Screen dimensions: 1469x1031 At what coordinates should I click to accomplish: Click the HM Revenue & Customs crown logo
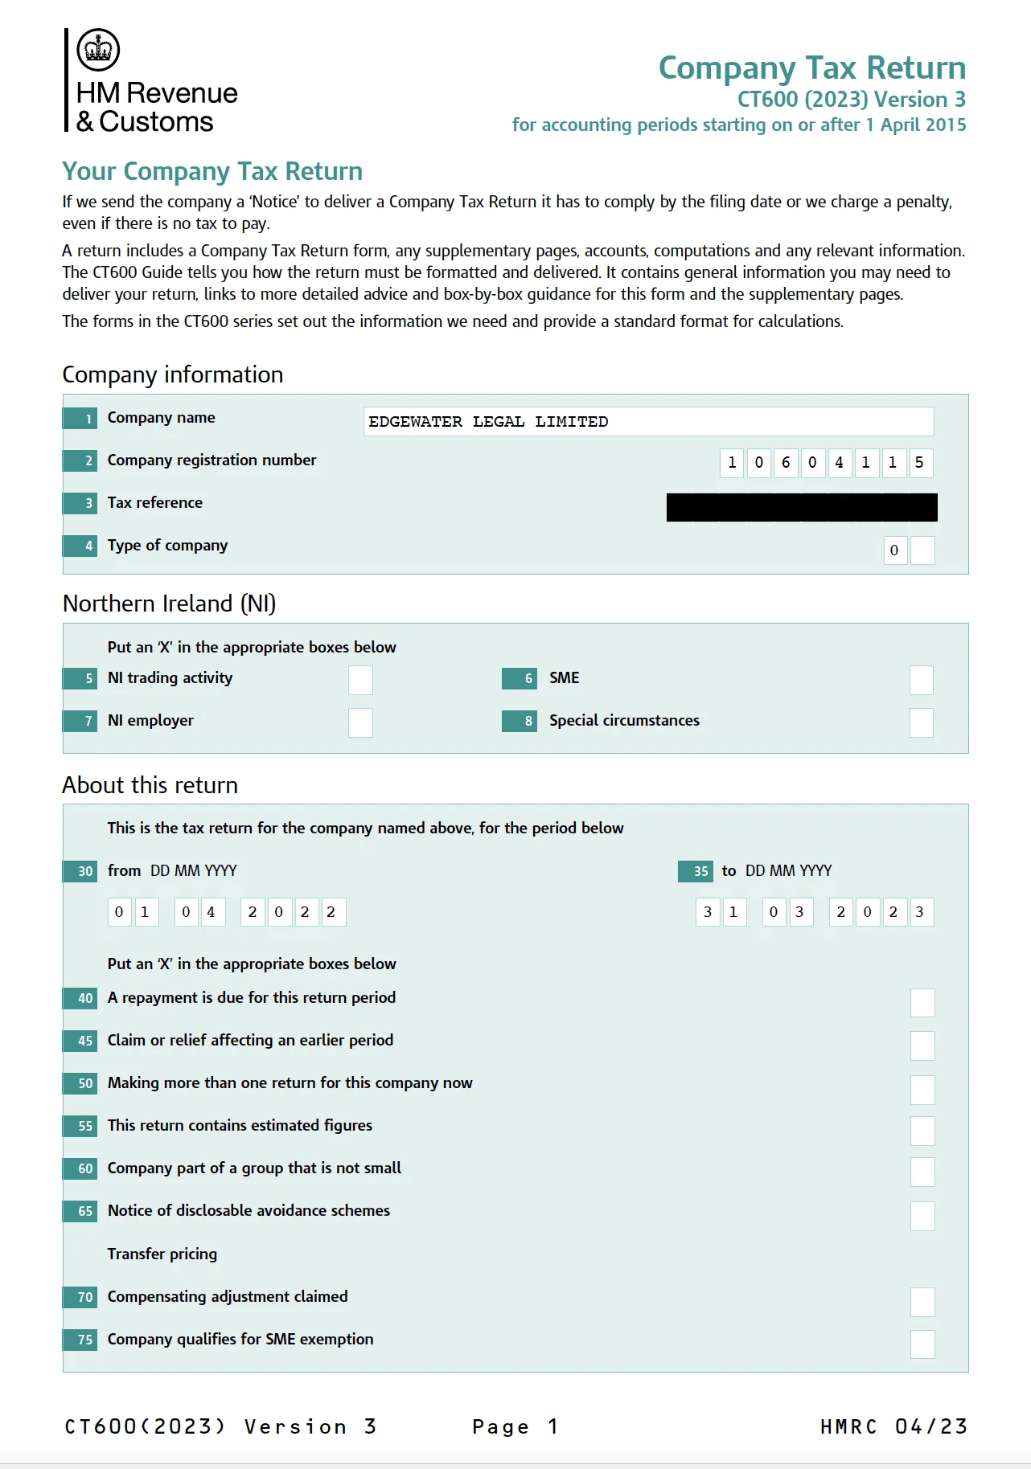click(98, 49)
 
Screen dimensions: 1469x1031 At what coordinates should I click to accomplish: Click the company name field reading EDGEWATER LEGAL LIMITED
click(647, 422)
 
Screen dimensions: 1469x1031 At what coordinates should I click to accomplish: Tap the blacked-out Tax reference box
click(801, 507)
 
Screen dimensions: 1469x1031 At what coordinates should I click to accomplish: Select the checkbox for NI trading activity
click(360, 680)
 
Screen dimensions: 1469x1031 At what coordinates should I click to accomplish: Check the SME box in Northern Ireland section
click(921, 680)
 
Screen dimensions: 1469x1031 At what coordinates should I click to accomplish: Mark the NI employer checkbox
click(360, 722)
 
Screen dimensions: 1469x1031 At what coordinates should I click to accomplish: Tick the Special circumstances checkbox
click(921, 722)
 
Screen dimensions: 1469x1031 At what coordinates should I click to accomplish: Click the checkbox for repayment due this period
click(922, 1003)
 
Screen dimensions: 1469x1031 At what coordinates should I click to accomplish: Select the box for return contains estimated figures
click(922, 1131)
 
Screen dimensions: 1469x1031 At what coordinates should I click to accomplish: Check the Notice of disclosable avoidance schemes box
click(922, 1216)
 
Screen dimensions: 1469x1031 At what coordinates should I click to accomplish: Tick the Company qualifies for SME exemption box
click(922, 1344)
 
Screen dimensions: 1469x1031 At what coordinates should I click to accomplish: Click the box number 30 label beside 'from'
click(80, 871)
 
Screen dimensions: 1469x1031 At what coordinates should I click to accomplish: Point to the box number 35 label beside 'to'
click(696, 871)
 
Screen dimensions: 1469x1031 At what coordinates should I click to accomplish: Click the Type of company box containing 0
click(895, 550)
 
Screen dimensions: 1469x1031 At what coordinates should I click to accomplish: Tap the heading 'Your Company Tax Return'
click(212, 171)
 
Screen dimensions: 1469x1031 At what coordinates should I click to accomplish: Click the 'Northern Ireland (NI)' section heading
click(169, 604)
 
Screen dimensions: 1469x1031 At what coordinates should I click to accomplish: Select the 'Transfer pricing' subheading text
click(162, 1254)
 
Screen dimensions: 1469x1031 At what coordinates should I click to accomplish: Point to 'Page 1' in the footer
click(515, 1426)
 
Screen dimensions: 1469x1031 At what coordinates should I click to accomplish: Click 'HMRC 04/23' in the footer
click(893, 1426)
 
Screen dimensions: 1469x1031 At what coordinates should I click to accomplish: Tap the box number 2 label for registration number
click(80, 460)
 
